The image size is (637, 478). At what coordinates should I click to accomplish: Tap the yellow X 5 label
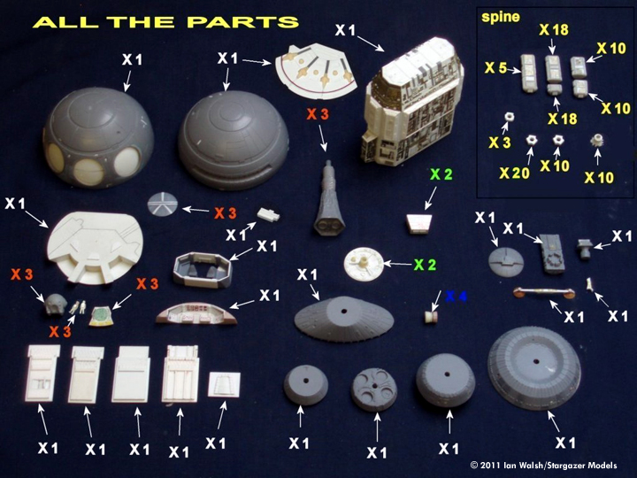click(x=497, y=66)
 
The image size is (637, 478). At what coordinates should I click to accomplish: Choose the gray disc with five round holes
click(x=374, y=389)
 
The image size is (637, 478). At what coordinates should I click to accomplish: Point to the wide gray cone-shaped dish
click(x=343, y=321)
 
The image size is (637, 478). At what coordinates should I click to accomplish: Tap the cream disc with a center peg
click(x=365, y=261)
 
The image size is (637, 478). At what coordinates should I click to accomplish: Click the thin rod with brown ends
click(x=539, y=292)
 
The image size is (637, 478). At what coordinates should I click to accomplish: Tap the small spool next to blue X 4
click(x=431, y=312)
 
